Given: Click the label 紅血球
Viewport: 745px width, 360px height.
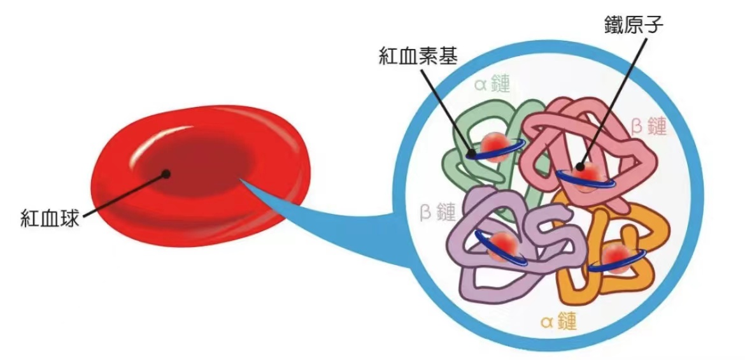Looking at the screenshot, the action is [x=49, y=219].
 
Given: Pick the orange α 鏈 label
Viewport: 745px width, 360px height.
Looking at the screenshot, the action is [x=559, y=321].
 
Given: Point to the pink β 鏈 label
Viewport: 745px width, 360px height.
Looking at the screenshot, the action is [x=649, y=127].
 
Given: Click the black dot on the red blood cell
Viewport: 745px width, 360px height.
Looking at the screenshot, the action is [x=166, y=174].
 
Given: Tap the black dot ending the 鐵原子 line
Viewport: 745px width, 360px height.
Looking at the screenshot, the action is [x=579, y=167].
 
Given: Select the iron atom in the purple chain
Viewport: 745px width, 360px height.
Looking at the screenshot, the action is [x=502, y=247].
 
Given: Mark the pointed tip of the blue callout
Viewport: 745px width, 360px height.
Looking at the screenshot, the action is [x=241, y=179].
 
